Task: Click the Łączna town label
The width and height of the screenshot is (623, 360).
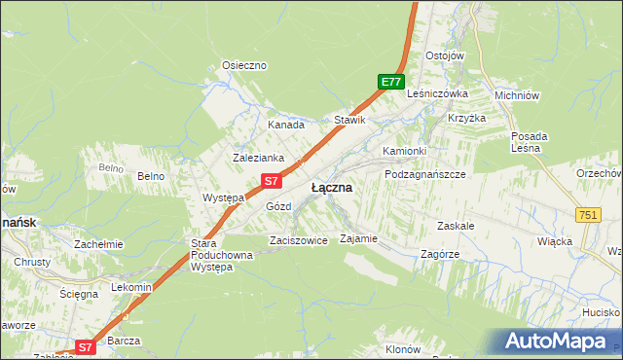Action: coord(331,187)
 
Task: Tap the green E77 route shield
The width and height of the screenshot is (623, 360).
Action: coord(390,83)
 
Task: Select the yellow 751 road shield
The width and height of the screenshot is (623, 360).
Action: coord(587,215)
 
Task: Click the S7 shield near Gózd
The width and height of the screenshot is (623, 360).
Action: coord(273,180)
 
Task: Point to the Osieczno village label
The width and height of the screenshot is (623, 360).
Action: coord(244,65)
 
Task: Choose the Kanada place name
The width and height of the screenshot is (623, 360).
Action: coord(286,125)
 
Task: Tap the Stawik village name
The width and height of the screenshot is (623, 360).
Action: coord(349,120)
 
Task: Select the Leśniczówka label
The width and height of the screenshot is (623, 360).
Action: coord(438,93)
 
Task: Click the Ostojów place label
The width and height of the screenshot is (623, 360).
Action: coord(444,54)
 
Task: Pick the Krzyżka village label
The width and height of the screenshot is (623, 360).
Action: coord(466,117)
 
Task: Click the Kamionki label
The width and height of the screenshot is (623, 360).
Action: coord(404,151)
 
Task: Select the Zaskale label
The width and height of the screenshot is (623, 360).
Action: coord(456,225)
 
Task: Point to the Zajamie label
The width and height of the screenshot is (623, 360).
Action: coord(357,238)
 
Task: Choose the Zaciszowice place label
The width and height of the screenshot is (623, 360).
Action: coord(298,239)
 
